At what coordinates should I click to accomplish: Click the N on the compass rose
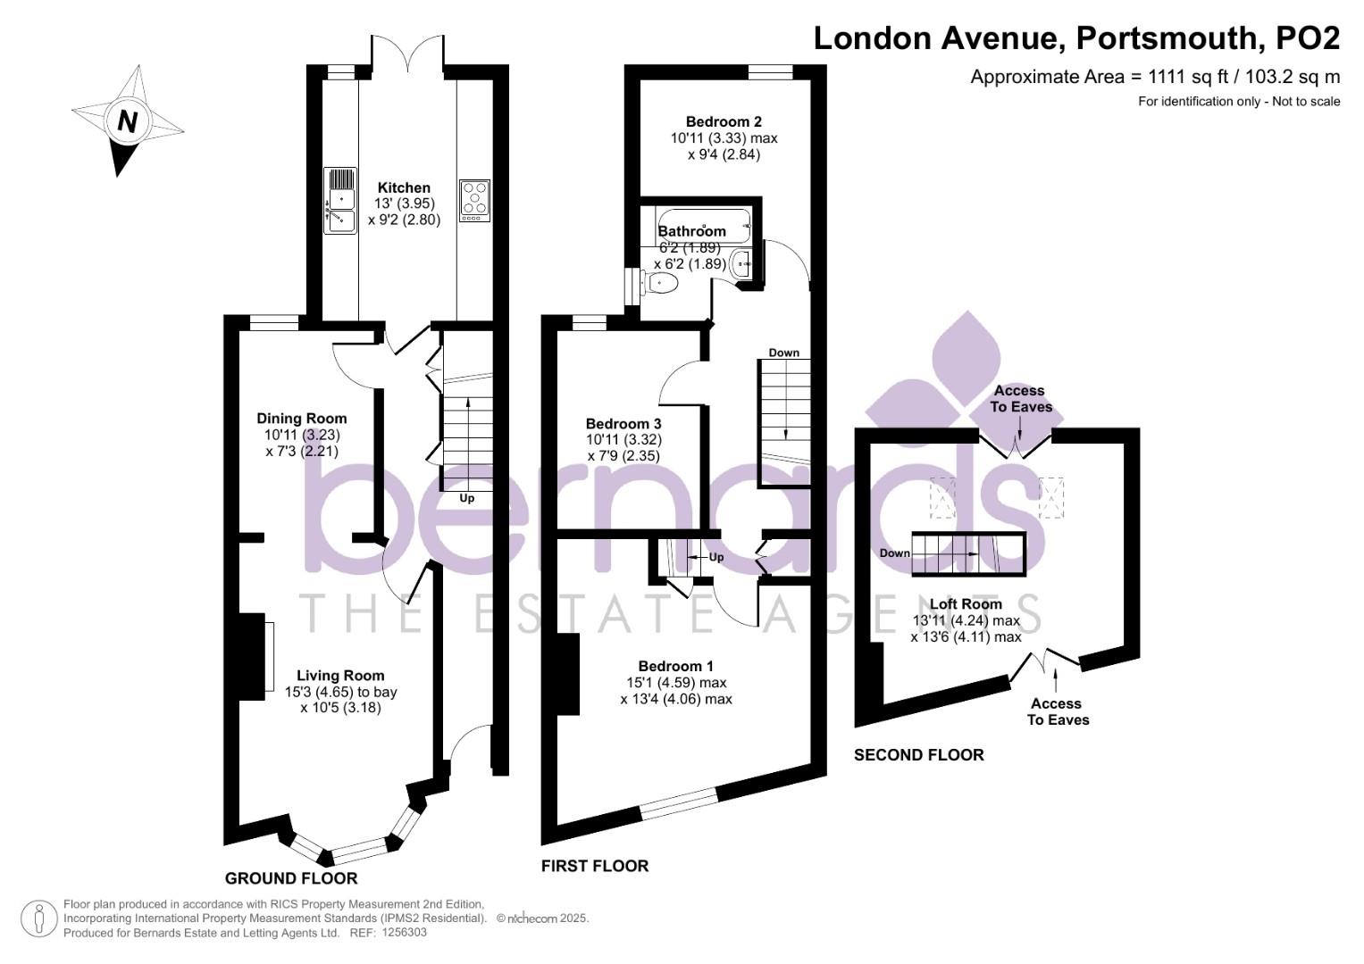tap(128, 120)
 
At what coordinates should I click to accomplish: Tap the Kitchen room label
tap(404, 187)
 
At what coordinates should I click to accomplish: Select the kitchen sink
tap(341, 200)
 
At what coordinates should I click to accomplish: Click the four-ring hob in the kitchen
tap(474, 200)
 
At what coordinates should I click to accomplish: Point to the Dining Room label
tap(302, 418)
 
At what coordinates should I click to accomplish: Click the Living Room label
tap(340, 676)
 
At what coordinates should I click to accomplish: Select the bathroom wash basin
tap(741, 265)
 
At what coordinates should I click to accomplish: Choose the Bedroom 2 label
tap(724, 121)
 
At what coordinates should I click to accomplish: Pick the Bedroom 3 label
tap(623, 423)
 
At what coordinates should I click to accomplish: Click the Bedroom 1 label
tap(675, 666)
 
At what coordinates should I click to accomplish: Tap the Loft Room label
tap(966, 603)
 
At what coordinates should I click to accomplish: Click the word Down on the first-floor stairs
tap(784, 353)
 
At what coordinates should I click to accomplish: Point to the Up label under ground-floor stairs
tap(466, 498)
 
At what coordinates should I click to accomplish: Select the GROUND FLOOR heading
tap(291, 877)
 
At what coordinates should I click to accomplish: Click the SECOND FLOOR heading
tap(918, 755)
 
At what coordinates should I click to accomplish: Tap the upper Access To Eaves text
tap(1020, 398)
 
